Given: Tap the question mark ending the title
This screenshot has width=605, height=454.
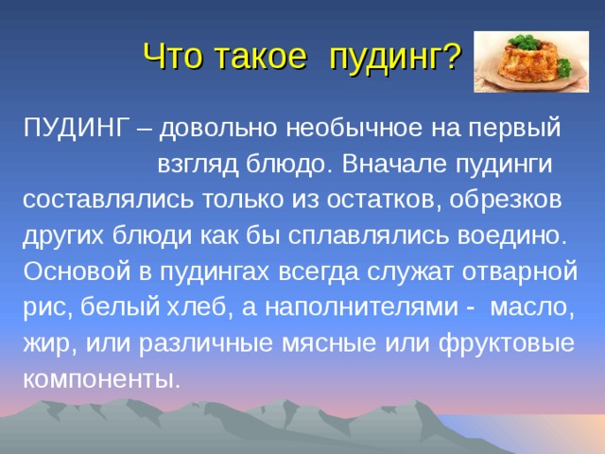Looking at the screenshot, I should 453,59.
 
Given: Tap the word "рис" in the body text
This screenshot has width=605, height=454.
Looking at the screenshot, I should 44,307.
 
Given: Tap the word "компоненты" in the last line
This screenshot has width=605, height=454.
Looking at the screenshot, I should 99,379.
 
